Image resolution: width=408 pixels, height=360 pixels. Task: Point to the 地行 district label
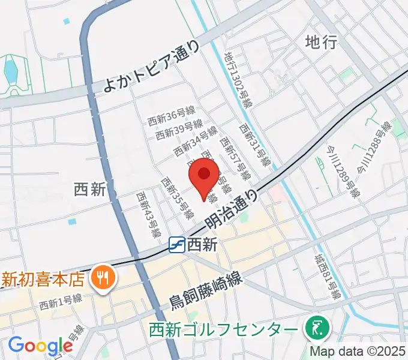coord(321,42)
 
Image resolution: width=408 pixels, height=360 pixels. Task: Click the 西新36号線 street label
coord(172,117)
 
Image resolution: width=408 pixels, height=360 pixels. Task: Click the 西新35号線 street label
coord(177,197)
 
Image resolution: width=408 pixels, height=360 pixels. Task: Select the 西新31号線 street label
coord(255,146)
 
